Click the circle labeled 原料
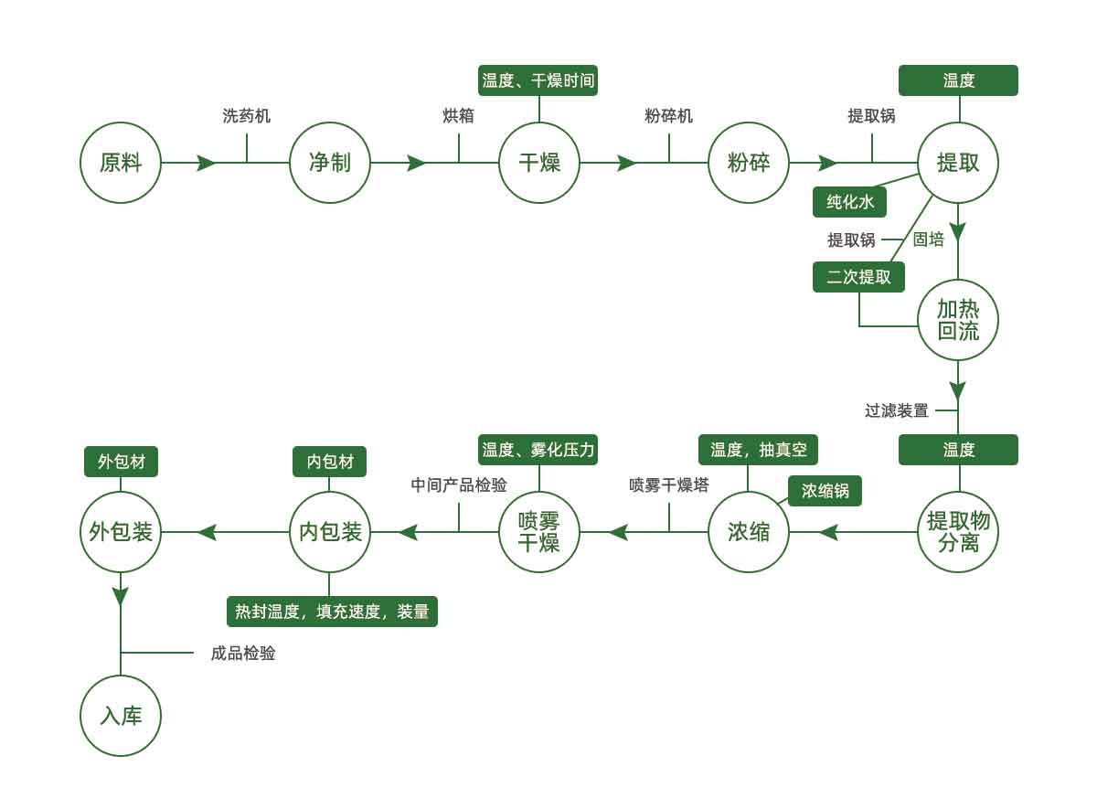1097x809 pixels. [121, 163]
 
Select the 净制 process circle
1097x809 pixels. [330, 163]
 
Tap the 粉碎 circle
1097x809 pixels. [749, 163]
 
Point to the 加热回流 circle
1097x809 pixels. [958, 320]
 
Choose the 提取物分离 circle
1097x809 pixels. [958, 532]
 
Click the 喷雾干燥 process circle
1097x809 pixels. [539, 532]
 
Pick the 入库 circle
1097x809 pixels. [121, 716]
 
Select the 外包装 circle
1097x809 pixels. [121, 532]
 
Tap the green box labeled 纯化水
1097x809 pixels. [850, 202]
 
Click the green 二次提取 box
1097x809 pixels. [858, 277]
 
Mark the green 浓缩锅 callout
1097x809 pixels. [825, 491]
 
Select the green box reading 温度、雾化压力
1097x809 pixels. [538, 450]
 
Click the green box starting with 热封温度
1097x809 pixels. [332, 612]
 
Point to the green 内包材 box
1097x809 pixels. [329, 462]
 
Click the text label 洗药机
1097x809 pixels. [247, 116]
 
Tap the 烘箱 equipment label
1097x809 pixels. [458, 116]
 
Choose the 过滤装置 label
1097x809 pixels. [896, 410]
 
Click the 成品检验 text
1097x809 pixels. [243, 654]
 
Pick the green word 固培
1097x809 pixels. [929, 240]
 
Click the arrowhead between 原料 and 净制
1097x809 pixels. [207, 163]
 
